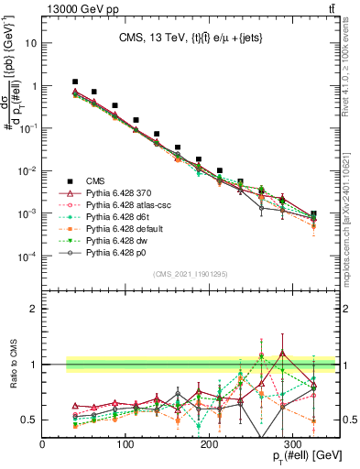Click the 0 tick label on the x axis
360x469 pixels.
pyautogui.click(x=43, y=442)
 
